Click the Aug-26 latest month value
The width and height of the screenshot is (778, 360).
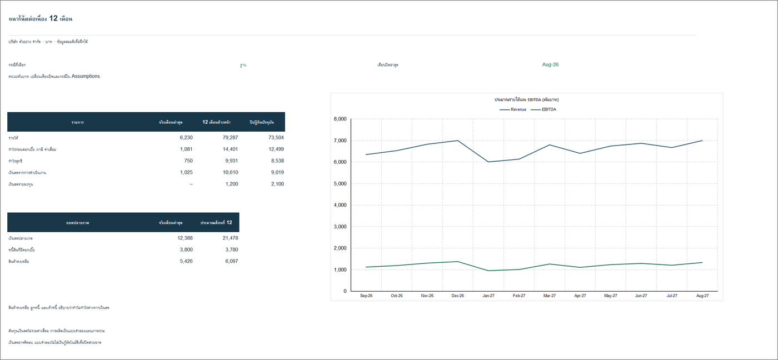550,64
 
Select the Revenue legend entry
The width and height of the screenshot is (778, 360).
513,109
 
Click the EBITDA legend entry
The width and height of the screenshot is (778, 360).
543,109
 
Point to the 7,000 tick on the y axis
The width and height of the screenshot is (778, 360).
340,141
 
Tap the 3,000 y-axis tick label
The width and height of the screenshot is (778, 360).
340,227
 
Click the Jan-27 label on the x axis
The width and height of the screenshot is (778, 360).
488,296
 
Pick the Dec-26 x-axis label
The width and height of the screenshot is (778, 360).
458,296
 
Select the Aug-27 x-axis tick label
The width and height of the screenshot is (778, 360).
702,296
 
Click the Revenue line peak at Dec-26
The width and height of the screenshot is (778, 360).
458,141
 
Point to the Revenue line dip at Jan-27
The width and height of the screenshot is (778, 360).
488,162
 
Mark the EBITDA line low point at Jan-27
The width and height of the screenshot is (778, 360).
488,271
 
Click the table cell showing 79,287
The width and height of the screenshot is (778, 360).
230,137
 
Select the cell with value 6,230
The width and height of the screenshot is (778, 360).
186,137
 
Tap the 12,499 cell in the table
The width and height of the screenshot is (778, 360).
276,149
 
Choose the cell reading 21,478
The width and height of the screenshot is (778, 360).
230,238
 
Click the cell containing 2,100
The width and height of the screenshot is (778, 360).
277,184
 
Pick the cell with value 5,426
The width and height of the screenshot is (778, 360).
186,261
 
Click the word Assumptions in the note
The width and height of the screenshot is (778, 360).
86,76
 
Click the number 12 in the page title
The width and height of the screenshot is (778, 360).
53,18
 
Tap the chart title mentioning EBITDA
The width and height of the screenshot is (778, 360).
527,99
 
